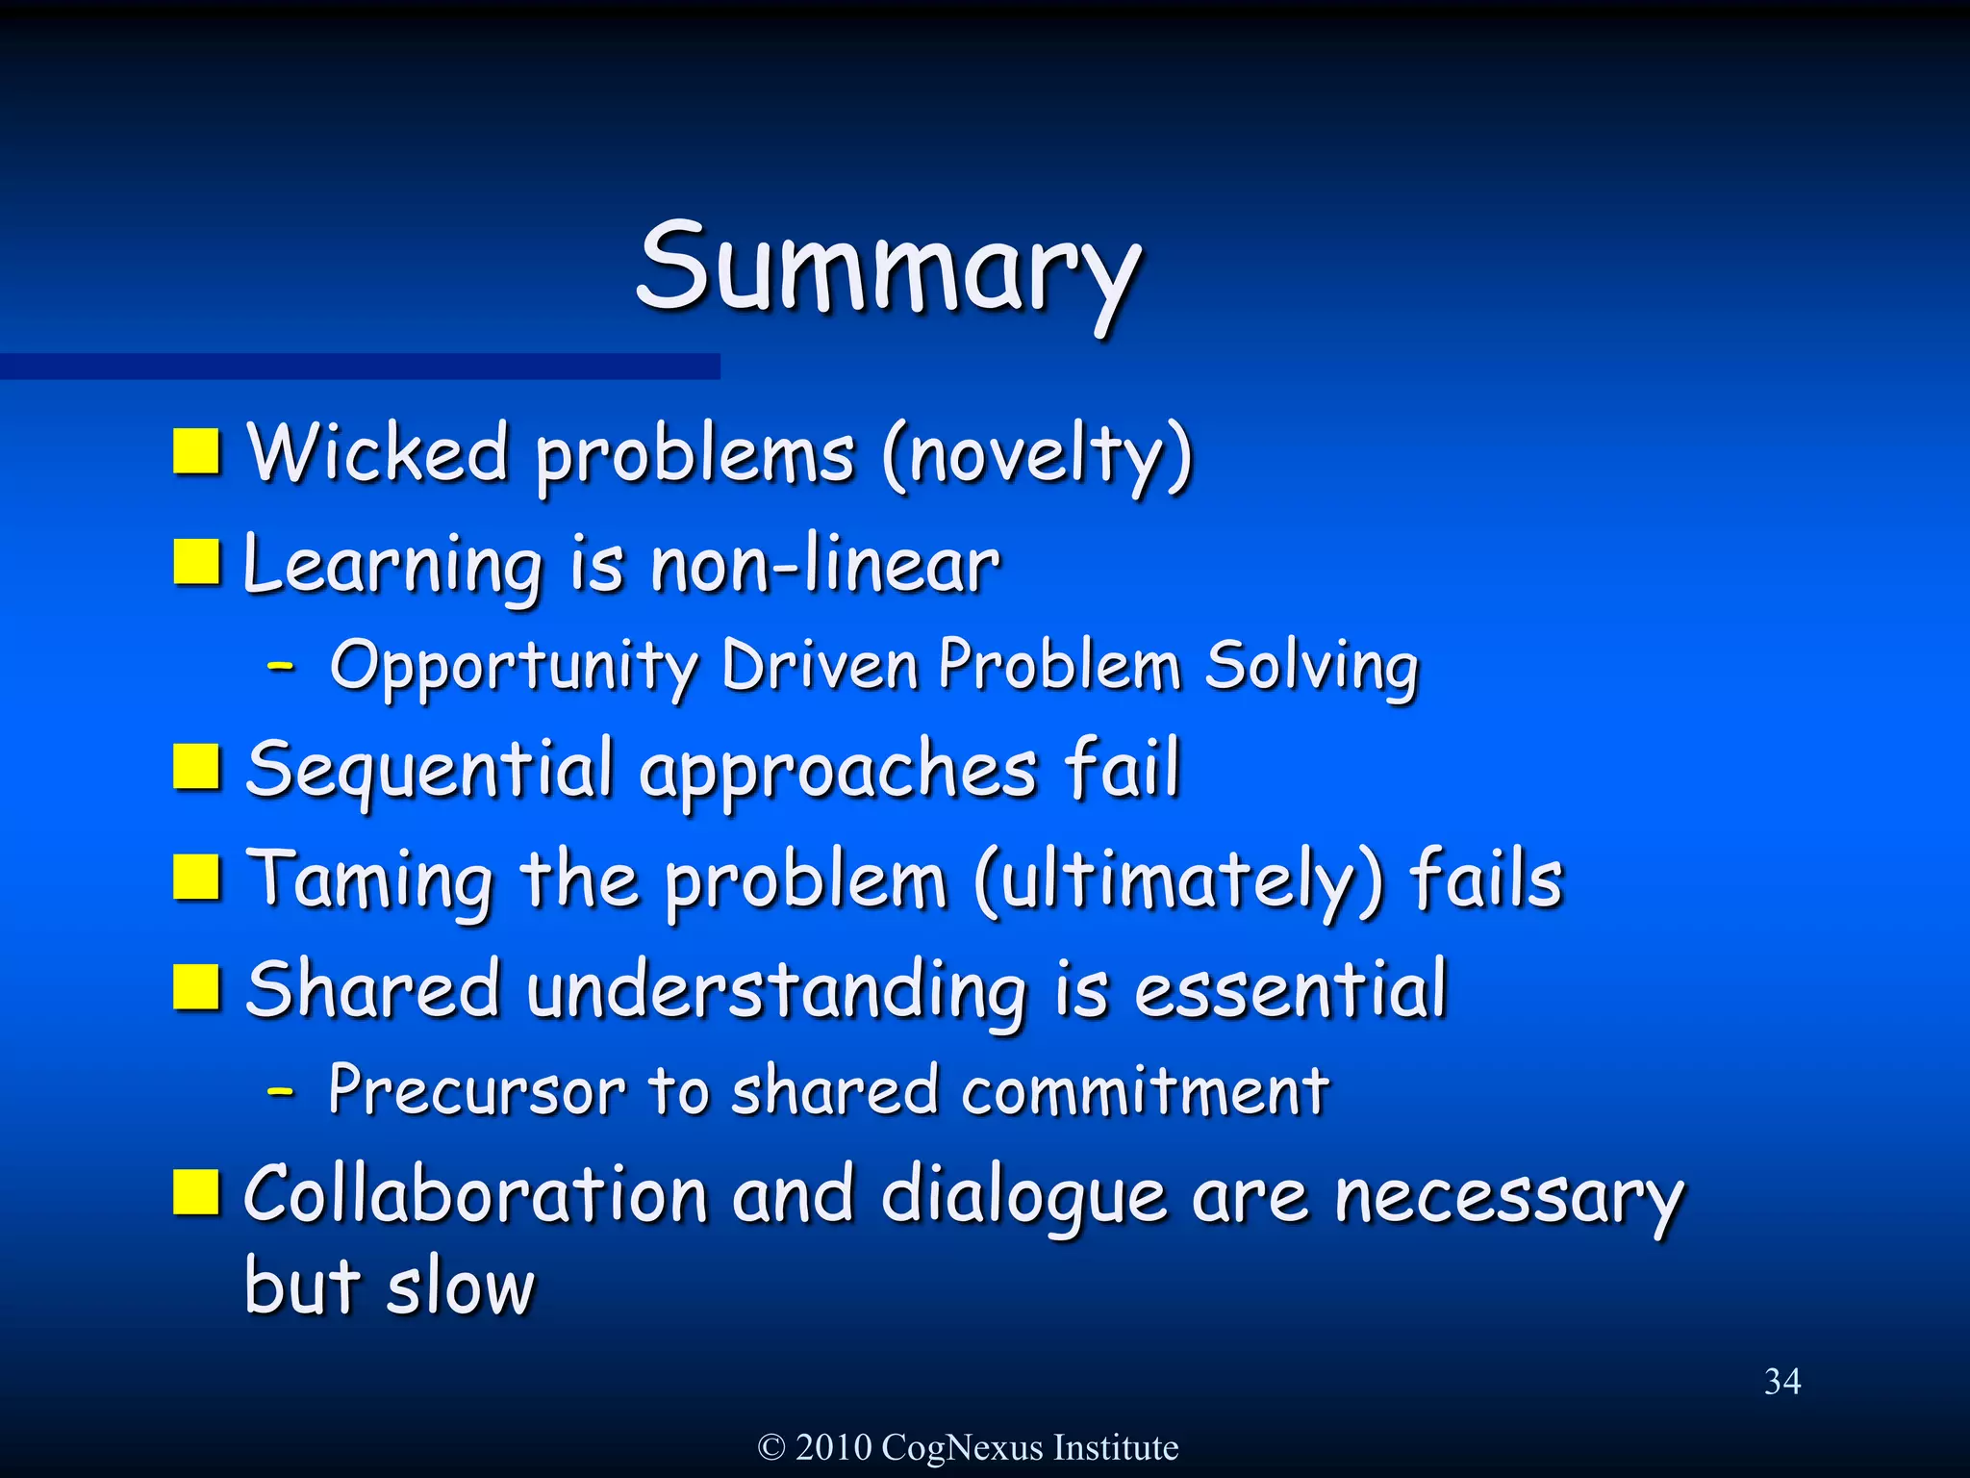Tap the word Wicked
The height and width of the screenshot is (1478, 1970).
coord(377,452)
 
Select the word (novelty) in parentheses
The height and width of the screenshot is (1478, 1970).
coord(1037,456)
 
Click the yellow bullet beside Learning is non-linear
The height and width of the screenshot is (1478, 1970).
coord(197,562)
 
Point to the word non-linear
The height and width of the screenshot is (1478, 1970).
coord(825,565)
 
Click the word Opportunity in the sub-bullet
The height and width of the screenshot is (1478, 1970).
coord(514,667)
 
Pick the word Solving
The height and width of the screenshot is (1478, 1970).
coord(1311,666)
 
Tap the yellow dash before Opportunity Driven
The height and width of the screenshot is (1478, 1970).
coord(280,665)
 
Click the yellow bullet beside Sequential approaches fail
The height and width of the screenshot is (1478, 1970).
coord(197,767)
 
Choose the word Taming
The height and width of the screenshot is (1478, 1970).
coord(370,881)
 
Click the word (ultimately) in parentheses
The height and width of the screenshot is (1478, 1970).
coord(1179,881)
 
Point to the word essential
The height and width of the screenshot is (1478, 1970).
coord(1290,990)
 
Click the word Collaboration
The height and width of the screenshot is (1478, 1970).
coord(476,1195)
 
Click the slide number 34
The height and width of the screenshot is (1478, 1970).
coord(1781,1382)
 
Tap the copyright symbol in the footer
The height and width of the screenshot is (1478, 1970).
coord(771,1447)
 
